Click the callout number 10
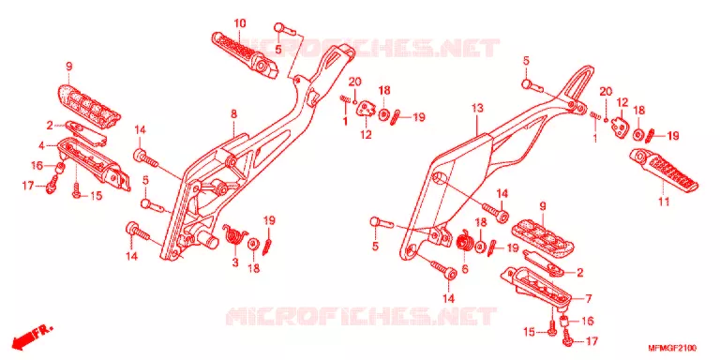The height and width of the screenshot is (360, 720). point(240,22)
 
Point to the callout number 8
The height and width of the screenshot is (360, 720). point(233,113)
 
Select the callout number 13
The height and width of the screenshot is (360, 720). point(477,109)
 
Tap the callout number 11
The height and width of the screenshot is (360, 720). point(664,202)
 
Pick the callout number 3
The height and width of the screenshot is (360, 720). point(235,263)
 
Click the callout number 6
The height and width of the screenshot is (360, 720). point(465,270)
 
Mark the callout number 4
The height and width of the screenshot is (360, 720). point(41,146)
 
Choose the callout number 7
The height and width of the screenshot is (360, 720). point(588,299)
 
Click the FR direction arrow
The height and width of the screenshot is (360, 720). point(32,337)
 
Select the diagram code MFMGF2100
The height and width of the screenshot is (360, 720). point(672,348)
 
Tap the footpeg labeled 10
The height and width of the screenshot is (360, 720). point(245,54)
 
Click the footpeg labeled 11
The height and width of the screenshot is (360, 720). point(663,170)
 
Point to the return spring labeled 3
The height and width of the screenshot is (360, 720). point(234,235)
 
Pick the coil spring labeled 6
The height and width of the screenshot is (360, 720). point(465,242)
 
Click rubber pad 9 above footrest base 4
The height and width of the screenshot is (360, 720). point(88,102)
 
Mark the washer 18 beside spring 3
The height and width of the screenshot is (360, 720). point(253,244)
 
